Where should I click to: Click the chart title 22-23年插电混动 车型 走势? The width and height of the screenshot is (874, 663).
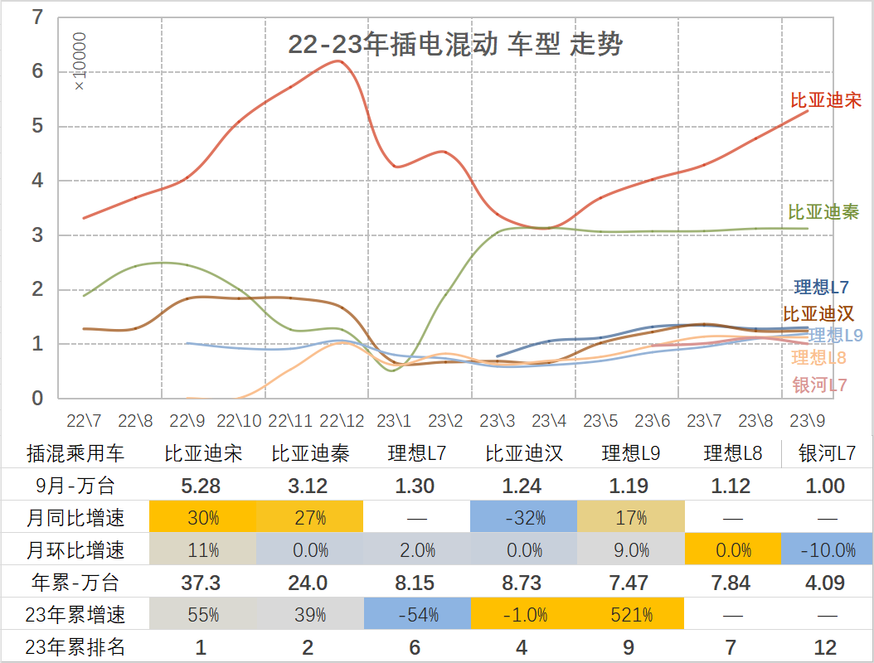455,45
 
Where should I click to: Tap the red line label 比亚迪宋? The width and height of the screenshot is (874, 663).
825,101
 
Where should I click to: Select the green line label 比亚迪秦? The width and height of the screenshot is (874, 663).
823,212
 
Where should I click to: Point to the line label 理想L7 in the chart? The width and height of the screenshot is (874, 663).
821,288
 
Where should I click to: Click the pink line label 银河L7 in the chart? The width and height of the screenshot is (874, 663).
819,385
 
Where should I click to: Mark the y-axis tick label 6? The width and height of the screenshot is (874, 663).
36,72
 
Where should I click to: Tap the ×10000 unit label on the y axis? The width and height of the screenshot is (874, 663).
80,62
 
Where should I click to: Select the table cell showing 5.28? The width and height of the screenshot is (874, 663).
202,486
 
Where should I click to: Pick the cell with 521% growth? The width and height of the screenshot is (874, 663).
630,615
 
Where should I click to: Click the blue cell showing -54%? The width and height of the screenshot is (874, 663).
415,615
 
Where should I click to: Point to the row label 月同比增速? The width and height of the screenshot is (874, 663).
75,518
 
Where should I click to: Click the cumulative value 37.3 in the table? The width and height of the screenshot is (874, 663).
202,583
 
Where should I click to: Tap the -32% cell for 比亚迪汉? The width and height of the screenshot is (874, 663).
523,518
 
